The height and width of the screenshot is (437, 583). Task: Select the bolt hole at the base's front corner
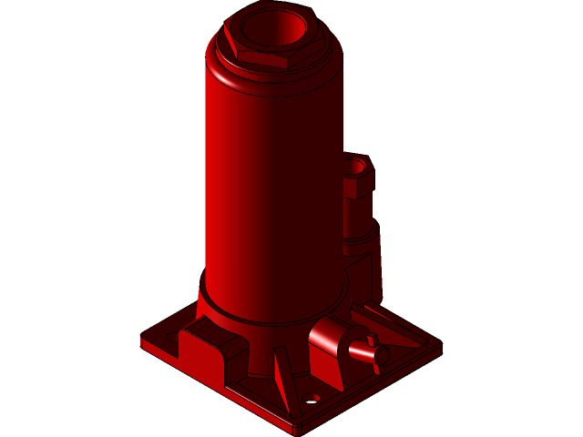point(313,399)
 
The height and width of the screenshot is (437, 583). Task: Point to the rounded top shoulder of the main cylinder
point(273,77)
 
